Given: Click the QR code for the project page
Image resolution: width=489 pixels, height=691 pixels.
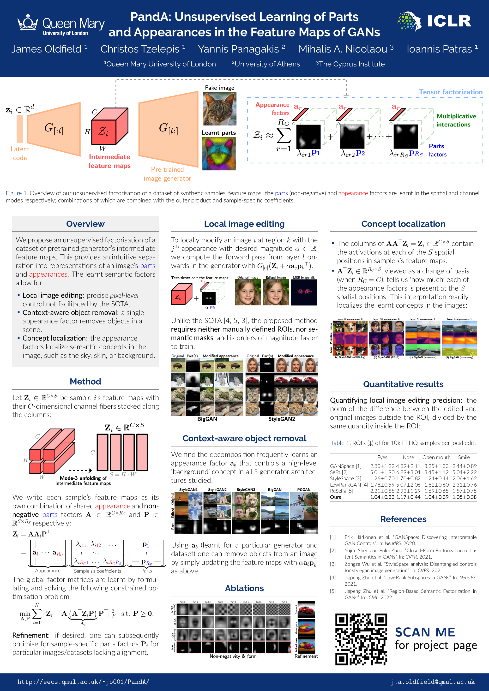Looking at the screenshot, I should coord(361,639).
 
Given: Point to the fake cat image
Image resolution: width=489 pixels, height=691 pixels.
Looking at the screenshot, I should coord(219,109).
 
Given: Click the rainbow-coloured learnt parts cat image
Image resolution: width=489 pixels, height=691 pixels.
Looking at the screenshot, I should coord(219,154).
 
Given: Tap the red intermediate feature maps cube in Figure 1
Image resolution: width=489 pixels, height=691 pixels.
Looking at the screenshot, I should coord(109,126).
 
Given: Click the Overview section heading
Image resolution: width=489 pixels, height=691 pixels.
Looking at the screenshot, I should coord(85,224).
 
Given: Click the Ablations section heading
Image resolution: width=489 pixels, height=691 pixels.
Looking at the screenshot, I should coord(244,588).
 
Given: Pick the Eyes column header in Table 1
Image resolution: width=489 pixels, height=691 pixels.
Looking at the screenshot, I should coord(382,458).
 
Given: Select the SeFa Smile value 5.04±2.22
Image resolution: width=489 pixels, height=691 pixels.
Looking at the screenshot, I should coord(464,472).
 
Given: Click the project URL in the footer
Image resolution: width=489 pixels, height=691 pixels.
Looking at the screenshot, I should coord(83,682).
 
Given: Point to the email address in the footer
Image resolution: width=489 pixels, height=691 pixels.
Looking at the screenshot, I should coord(432,682).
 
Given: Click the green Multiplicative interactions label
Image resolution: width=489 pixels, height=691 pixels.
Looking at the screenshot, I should coord(456,120).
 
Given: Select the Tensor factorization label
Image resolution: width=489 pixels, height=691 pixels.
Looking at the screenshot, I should coord(450,92).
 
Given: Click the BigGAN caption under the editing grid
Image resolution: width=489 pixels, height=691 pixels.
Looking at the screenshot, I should coord(207,419).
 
